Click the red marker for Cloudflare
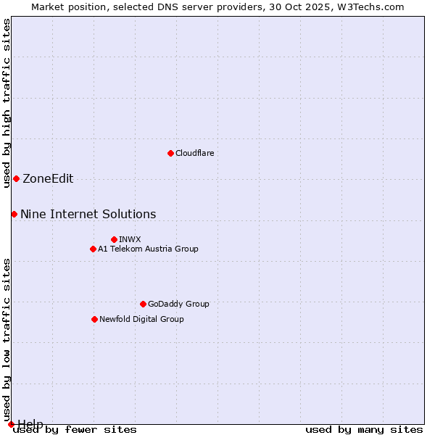[170, 153]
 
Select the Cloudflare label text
[194, 153]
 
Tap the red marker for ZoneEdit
[16, 178]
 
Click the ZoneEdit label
[48, 179]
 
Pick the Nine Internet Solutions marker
[14, 214]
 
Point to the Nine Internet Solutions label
[88, 214]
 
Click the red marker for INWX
[114, 239]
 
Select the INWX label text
[130, 239]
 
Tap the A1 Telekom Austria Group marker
[93, 249]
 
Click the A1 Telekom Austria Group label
[148, 249]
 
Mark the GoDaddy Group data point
[143, 304]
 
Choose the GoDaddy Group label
[178, 304]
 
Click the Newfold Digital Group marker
[94, 319]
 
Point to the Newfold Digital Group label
[141, 319]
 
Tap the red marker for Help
[11, 424]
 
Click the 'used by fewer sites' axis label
[75, 430]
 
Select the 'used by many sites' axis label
[364, 430]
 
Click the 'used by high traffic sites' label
[7, 103]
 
